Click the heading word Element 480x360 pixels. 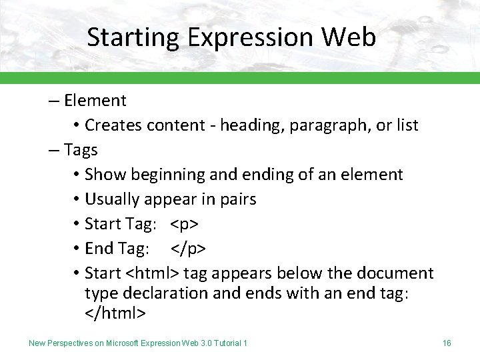pos(95,101)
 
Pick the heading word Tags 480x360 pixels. pos(81,150)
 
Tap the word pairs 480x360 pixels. pos(237,199)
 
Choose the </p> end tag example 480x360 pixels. pos(188,249)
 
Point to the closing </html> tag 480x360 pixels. pos(115,312)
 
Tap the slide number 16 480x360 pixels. pos(447,343)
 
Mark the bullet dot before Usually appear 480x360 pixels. pos(77,200)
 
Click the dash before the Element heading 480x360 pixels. pos(53,101)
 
